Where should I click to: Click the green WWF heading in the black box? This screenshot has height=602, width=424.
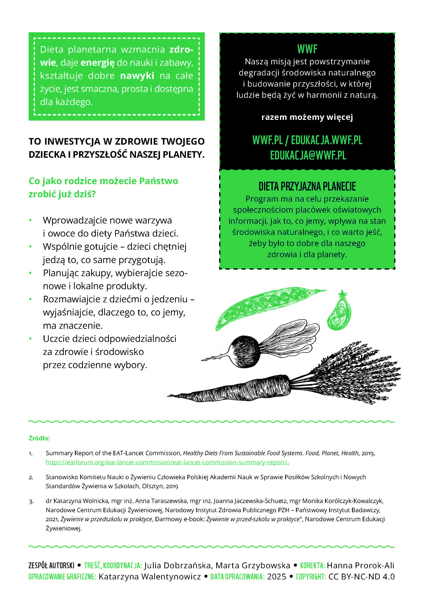(x=307, y=49)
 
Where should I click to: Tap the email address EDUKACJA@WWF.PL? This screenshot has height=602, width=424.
(x=308, y=155)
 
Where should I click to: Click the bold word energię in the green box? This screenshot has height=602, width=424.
(x=97, y=63)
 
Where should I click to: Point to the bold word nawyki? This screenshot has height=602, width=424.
(x=137, y=76)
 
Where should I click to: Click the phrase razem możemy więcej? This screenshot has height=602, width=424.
(x=307, y=117)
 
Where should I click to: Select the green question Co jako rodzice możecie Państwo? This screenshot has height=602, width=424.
(x=103, y=181)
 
